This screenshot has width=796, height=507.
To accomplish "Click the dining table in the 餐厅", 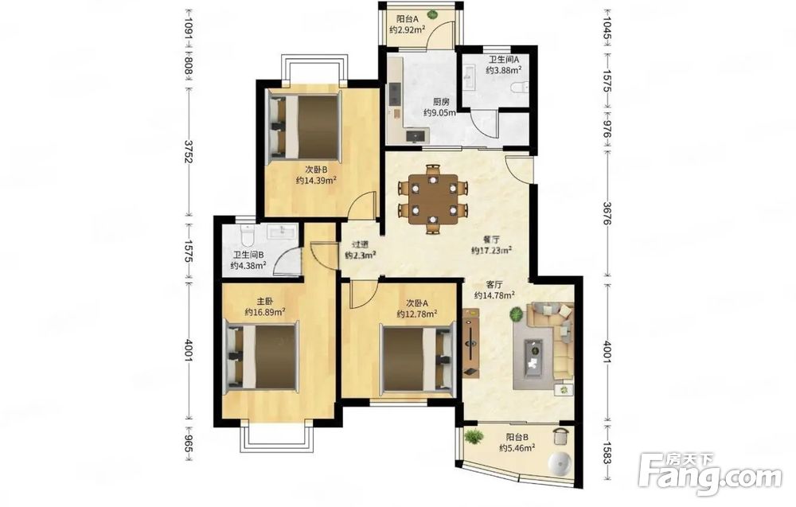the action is pos(433,199).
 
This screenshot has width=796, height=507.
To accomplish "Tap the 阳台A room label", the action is pos(408,19).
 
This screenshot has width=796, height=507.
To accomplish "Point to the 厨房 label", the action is pos(441,102).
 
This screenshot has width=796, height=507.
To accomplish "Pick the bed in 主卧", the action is pos(262,358).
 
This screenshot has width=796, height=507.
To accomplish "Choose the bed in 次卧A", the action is pos(417,359).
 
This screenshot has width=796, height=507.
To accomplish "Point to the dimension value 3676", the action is pos(607,213).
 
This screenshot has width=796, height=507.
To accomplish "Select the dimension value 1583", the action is pos(607,453).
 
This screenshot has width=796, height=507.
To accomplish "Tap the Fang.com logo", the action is pos(710,474).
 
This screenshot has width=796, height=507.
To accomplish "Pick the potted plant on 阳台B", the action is pos(474,436).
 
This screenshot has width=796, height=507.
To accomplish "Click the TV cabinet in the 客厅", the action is pos(471,343).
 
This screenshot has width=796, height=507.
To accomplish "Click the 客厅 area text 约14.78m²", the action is pos(495,295).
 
